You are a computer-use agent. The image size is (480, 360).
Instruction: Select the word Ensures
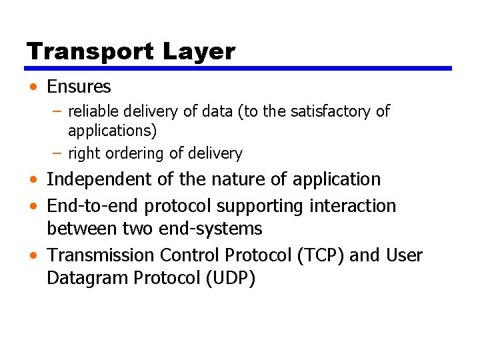(79, 87)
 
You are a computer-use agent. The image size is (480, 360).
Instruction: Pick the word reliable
(90, 111)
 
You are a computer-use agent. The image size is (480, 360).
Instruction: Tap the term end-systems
(211, 229)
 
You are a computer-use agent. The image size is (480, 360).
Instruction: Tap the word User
(403, 255)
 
